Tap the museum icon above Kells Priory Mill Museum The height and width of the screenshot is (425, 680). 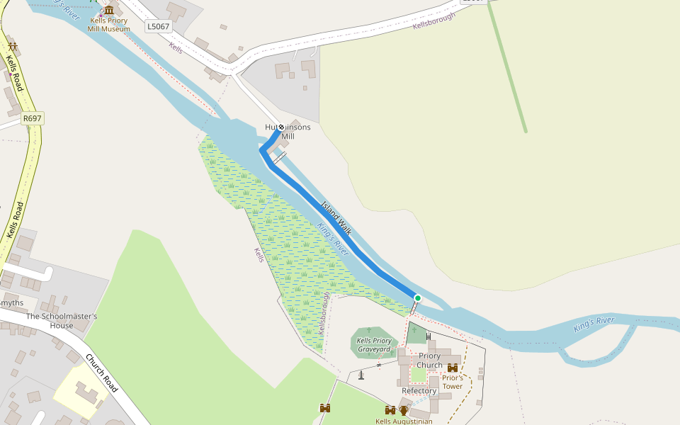109,10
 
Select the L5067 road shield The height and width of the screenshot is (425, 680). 158,26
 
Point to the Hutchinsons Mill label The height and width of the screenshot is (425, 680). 288,132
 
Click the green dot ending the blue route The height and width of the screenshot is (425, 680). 418,298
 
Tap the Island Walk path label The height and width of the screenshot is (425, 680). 336,217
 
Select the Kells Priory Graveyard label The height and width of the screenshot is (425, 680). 374,345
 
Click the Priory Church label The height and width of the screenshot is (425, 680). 429,361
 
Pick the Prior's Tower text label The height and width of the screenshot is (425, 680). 453,382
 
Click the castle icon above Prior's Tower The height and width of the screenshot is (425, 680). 453,368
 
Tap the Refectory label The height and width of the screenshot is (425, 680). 419,391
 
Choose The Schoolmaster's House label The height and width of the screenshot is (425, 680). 61,321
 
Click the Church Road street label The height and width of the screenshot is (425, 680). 101,373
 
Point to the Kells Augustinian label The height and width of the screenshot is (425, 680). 404,421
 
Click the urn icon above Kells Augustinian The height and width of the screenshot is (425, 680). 404,410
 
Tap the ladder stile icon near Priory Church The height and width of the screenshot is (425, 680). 429,336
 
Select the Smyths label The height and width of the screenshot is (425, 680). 11,302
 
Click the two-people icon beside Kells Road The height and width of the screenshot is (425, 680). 13,47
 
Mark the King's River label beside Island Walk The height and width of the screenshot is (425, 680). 333,239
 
